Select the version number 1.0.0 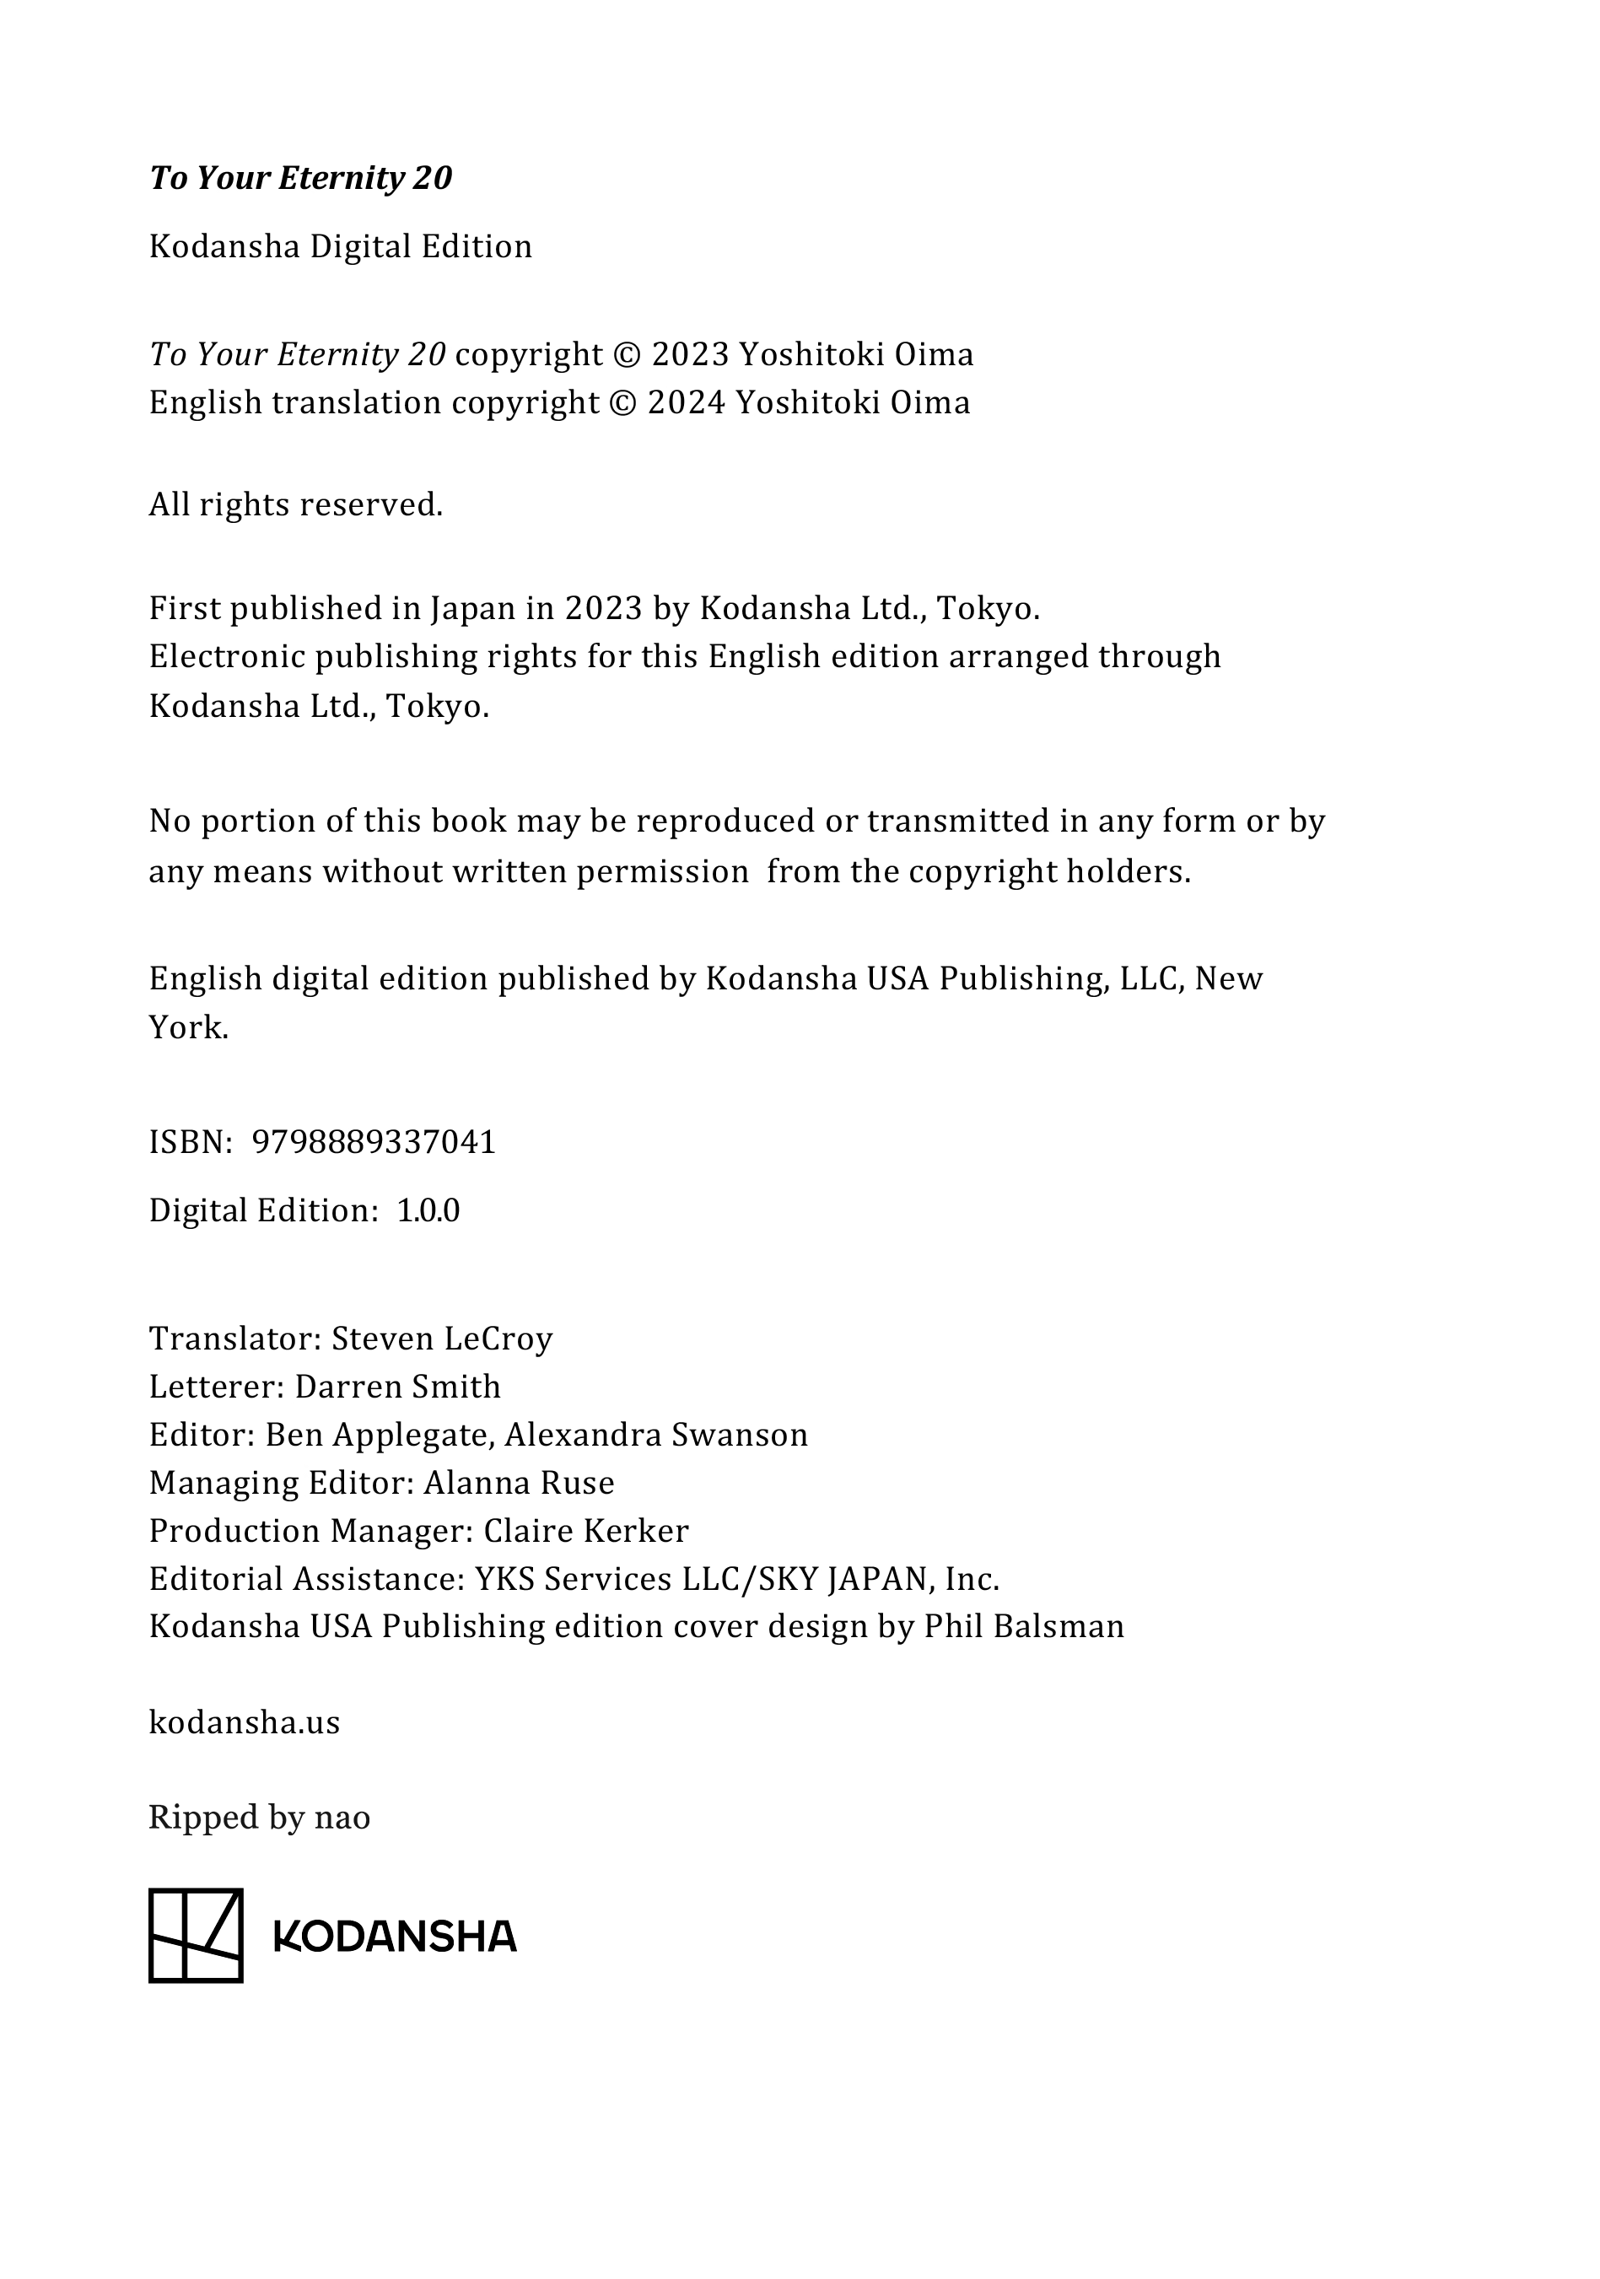pos(428,1211)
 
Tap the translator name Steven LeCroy pos(442,1339)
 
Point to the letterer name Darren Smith pos(397,1387)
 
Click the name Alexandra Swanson pos(656,1436)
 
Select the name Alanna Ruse pos(519,1483)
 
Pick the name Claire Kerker pos(585,1531)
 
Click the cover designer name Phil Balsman pos(1023,1627)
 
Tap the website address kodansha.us pos(244,1722)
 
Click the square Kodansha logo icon pos(196,1936)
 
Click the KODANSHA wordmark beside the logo pos(395,1937)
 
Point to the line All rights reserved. pos(296,505)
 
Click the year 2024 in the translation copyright pos(687,403)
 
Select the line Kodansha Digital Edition pos(341,246)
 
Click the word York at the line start pos(187,1027)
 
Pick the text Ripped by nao pos(259,1818)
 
